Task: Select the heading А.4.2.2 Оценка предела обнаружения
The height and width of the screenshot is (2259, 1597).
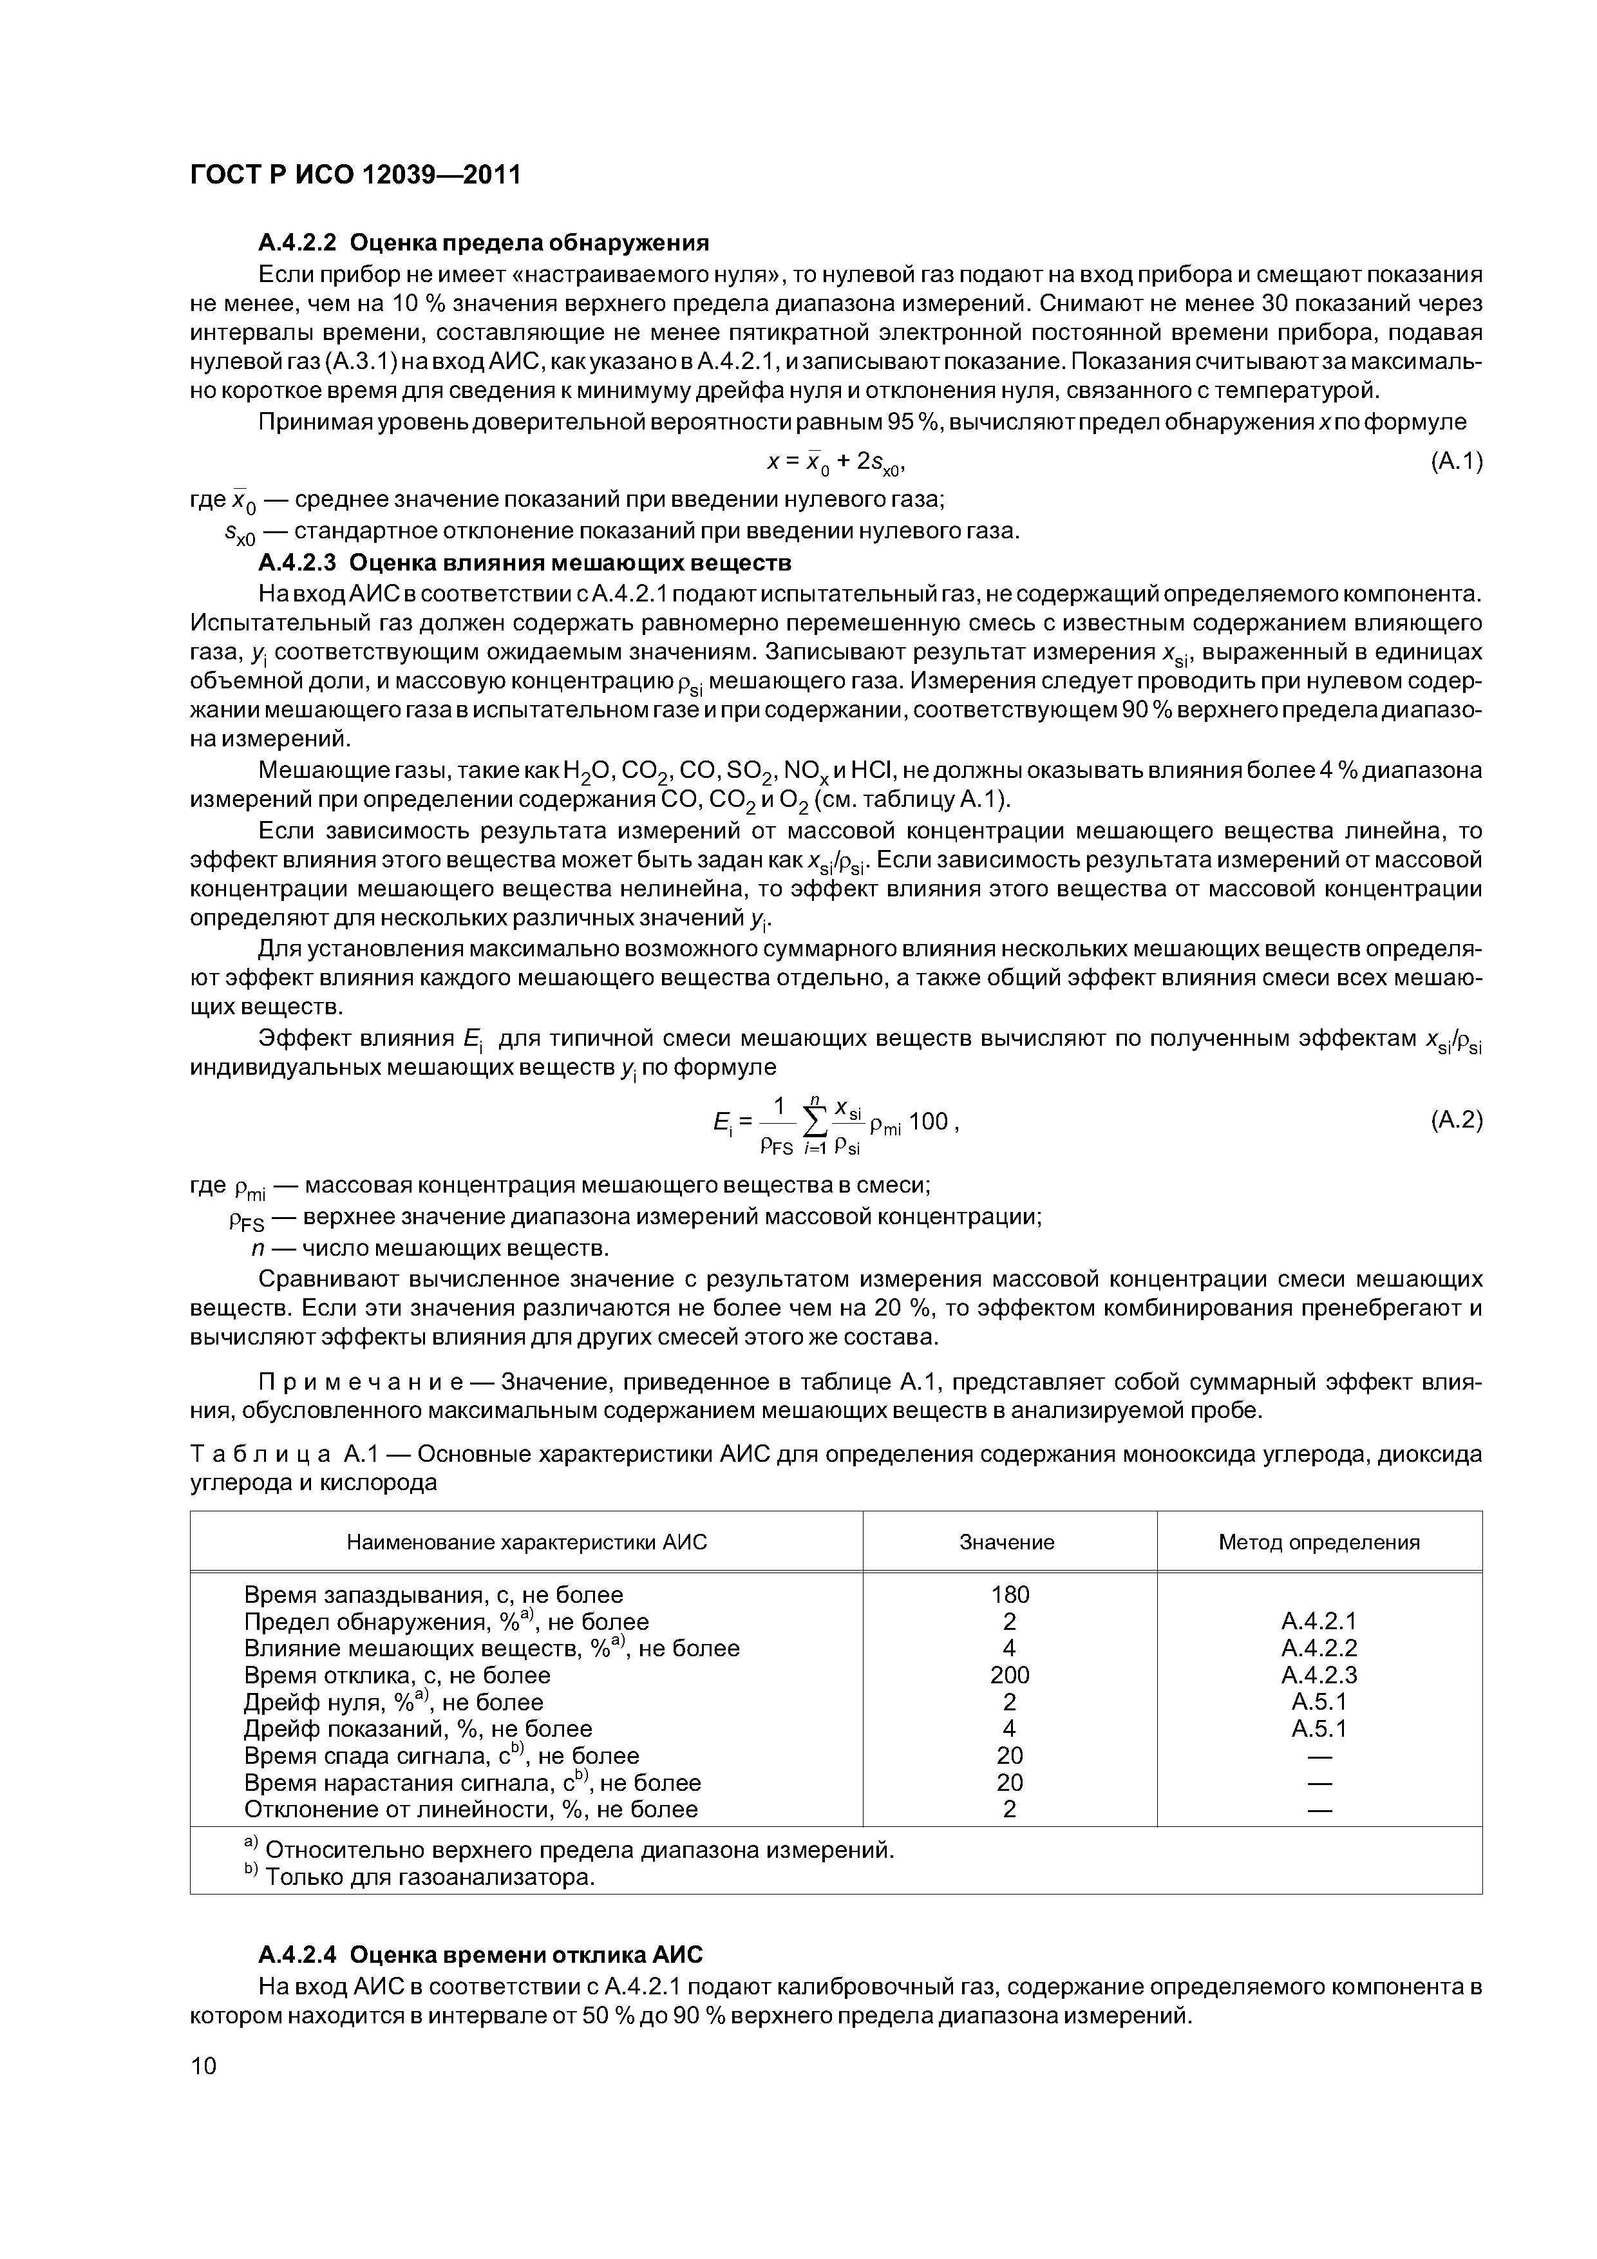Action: (x=482, y=242)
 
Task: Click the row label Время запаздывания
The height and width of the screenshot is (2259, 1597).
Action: (x=433, y=1594)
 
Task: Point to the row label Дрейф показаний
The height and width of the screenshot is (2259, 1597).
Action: (x=417, y=1728)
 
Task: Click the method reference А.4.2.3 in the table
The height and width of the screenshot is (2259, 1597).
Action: (x=1319, y=1674)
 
